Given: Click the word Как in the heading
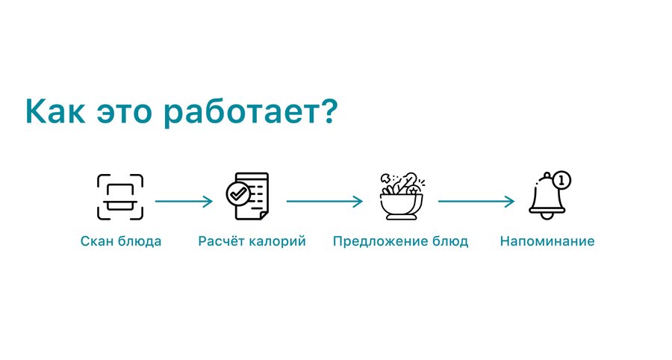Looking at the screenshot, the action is click(x=55, y=111).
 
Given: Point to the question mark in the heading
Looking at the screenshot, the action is click(x=326, y=111).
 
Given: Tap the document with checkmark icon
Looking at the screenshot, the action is click(x=248, y=196).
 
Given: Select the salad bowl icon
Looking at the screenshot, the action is click(x=402, y=196).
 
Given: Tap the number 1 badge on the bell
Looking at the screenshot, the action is click(x=561, y=181).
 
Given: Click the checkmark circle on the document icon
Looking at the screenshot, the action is click(x=238, y=194).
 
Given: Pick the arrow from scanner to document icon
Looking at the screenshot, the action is click(x=184, y=201).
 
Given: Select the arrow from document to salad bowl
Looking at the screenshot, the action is click(x=325, y=201).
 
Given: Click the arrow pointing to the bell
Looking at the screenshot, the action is click(x=476, y=201).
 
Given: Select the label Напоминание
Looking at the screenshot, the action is click(x=547, y=241).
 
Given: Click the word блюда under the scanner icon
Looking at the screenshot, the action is click(x=137, y=241).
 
